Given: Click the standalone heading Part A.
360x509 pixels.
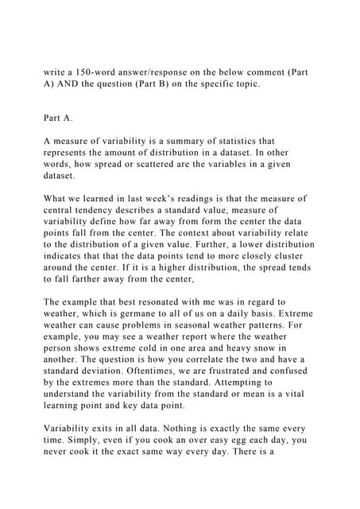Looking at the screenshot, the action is point(58,119).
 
